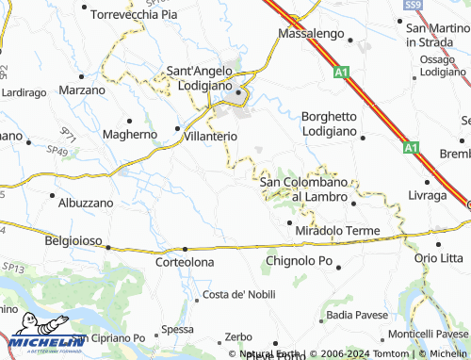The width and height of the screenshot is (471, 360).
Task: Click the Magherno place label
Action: click(129, 135)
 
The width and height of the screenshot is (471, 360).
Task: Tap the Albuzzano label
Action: click(86, 203)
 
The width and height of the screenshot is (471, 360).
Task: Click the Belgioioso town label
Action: click(72, 240)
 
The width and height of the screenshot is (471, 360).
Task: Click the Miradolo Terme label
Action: click(336, 231)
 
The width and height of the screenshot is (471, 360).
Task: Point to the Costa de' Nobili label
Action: click(239, 294)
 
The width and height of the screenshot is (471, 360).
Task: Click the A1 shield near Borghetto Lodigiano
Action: click(409, 148)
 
